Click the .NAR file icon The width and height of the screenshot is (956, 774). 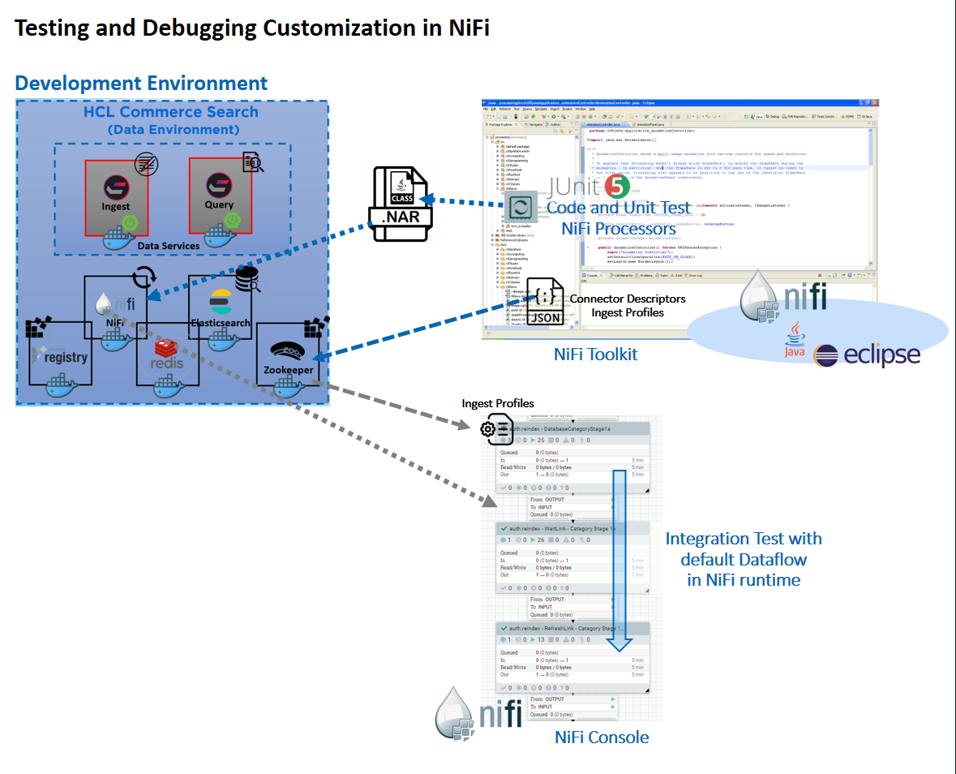pyautogui.click(x=400, y=204)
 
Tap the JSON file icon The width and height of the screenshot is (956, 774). pyautogui.click(x=545, y=301)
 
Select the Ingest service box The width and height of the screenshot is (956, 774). pyautogui.click(x=116, y=197)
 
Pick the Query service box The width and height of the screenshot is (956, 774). pyautogui.click(x=219, y=196)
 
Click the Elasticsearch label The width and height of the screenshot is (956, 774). pyautogui.click(x=221, y=323)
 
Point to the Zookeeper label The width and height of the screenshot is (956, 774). pyautogui.click(x=289, y=370)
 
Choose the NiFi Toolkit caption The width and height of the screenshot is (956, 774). pyautogui.click(x=596, y=355)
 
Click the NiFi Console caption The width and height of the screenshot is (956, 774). pyautogui.click(x=602, y=737)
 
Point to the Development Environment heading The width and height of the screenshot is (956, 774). pyautogui.click(x=141, y=83)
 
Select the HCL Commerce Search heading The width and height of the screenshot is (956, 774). pyautogui.click(x=171, y=112)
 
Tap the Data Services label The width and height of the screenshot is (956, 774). pyautogui.click(x=169, y=245)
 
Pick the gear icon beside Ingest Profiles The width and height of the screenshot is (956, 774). pyautogui.click(x=489, y=429)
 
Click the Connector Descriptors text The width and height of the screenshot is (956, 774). pyautogui.click(x=628, y=299)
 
